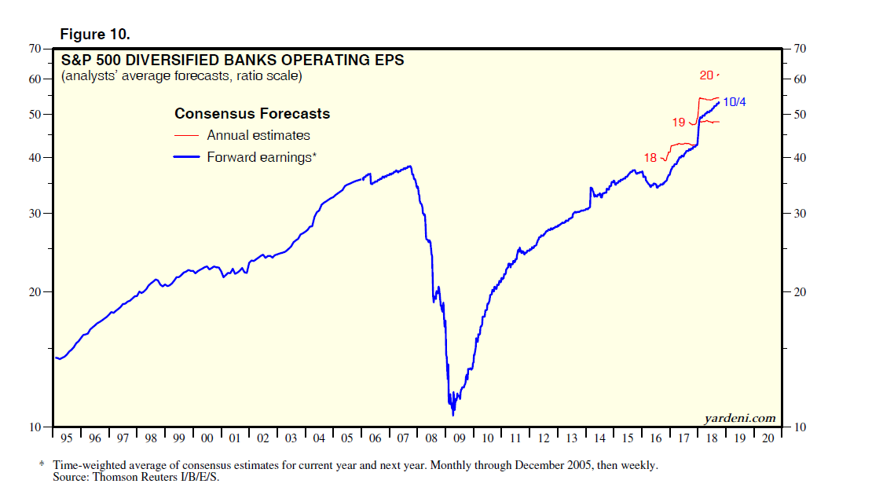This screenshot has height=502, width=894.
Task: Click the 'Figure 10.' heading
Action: pos(94,35)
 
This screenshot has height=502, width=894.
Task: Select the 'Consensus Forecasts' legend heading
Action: pos(251,114)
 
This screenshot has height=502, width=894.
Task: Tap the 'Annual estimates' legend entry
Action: pos(258,135)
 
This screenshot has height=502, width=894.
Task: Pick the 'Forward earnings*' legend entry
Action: pos(261,157)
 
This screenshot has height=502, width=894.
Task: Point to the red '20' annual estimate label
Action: pos(705,75)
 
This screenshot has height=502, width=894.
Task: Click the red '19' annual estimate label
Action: pos(679,123)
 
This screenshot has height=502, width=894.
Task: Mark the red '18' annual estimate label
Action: pos(650,158)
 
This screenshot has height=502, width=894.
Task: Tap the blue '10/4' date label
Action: pos(734,101)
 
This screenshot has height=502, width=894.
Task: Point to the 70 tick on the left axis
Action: pos(35,49)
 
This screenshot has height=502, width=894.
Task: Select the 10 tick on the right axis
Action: pos(801,427)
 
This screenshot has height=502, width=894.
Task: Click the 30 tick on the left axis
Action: pos(35,214)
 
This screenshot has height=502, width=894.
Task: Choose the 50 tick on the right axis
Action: pos(801,115)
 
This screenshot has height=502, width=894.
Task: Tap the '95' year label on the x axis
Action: pos(66,438)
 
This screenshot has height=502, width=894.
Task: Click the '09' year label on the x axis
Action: pos(460,438)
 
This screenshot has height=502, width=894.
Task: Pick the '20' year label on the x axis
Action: pos(768,438)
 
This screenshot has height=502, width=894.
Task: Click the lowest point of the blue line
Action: pos(453,415)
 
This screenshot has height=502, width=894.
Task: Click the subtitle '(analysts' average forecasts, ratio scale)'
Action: pos(181,76)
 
